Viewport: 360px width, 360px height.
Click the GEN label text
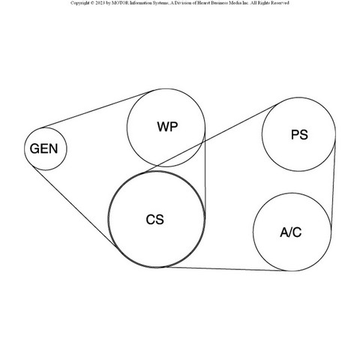pos(43,148)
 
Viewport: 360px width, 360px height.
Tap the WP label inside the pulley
pos(167,127)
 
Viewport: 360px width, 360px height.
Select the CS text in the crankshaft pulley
pos(155,220)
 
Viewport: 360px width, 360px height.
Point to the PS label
pos(299,135)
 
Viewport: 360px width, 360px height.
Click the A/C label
pos(291,232)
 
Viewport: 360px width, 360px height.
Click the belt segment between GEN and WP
pos(96,110)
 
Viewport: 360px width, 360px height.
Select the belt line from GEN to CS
pos(74,206)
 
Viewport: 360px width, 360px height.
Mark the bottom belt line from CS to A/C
pos(225,268)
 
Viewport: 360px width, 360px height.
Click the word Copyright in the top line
pos(79,3)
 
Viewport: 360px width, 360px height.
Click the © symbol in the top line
pos(92,3)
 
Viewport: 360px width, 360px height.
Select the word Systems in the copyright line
pos(160,3)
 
